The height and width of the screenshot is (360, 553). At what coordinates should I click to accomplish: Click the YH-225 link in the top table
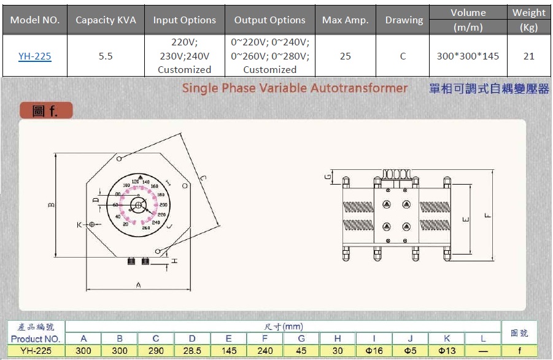click(34, 56)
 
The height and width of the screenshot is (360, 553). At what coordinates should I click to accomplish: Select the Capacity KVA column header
click(106, 20)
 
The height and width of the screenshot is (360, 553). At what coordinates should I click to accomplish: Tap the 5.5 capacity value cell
click(106, 56)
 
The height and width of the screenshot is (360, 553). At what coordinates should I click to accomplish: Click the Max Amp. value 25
click(345, 56)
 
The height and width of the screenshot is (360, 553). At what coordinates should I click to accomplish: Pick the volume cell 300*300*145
click(468, 56)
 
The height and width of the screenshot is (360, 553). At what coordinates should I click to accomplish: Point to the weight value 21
click(528, 56)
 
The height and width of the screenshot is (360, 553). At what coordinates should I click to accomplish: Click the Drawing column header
click(403, 20)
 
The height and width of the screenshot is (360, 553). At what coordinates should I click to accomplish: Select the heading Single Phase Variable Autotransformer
click(295, 88)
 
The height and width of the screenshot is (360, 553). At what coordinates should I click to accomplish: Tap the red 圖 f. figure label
click(45, 111)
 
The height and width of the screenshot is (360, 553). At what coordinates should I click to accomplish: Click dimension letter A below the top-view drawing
click(138, 285)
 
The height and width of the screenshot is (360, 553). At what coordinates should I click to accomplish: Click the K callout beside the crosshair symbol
click(79, 225)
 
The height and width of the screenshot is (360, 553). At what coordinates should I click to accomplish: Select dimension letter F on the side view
click(487, 215)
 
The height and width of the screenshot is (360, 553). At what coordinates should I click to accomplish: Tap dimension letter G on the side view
click(328, 177)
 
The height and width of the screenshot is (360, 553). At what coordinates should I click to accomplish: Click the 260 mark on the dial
click(146, 228)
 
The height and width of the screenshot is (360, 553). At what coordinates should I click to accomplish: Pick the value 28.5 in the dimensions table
click(192, 351)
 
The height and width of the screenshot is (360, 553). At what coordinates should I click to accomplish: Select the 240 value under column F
click(265, 351)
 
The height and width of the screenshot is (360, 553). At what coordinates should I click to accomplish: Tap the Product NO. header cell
click(35, 339)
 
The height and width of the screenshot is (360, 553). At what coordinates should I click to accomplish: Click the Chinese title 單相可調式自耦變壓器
click(489, 88)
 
